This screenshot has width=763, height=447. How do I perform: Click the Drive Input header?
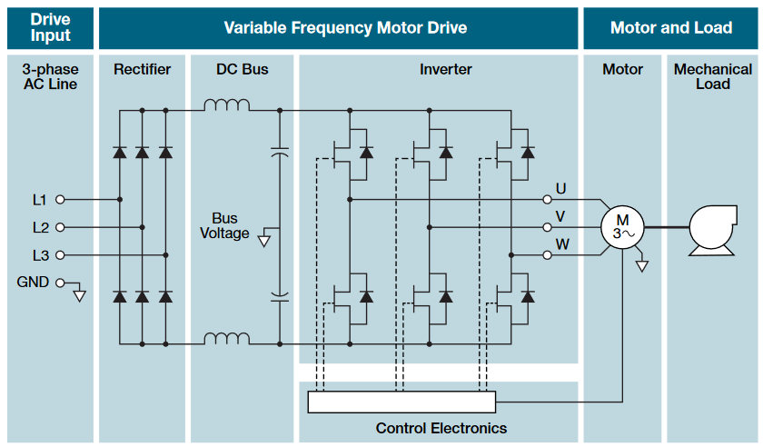[50, 27]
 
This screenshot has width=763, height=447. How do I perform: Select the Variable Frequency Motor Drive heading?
[345, 27]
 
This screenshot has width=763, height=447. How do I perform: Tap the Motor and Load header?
[671, 27]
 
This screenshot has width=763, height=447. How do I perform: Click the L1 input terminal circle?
[61, 199]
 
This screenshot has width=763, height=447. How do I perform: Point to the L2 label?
[41, 227]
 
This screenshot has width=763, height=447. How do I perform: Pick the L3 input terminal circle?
[61, 255]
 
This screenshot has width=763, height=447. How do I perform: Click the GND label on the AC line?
[34, 283]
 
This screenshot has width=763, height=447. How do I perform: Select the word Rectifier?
[142, 70]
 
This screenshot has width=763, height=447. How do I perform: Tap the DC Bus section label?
[243, 70]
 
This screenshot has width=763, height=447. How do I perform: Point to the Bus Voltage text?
[224, 226]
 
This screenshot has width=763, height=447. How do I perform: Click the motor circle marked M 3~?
[622, 227]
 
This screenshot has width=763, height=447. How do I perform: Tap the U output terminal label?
[560, 189]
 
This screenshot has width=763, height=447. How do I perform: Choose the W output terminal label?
[562, 244]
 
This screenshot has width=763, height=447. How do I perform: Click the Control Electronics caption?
[441, 428]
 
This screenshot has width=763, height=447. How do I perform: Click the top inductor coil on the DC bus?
[226, 105]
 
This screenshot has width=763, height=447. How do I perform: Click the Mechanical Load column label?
[713, 76]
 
